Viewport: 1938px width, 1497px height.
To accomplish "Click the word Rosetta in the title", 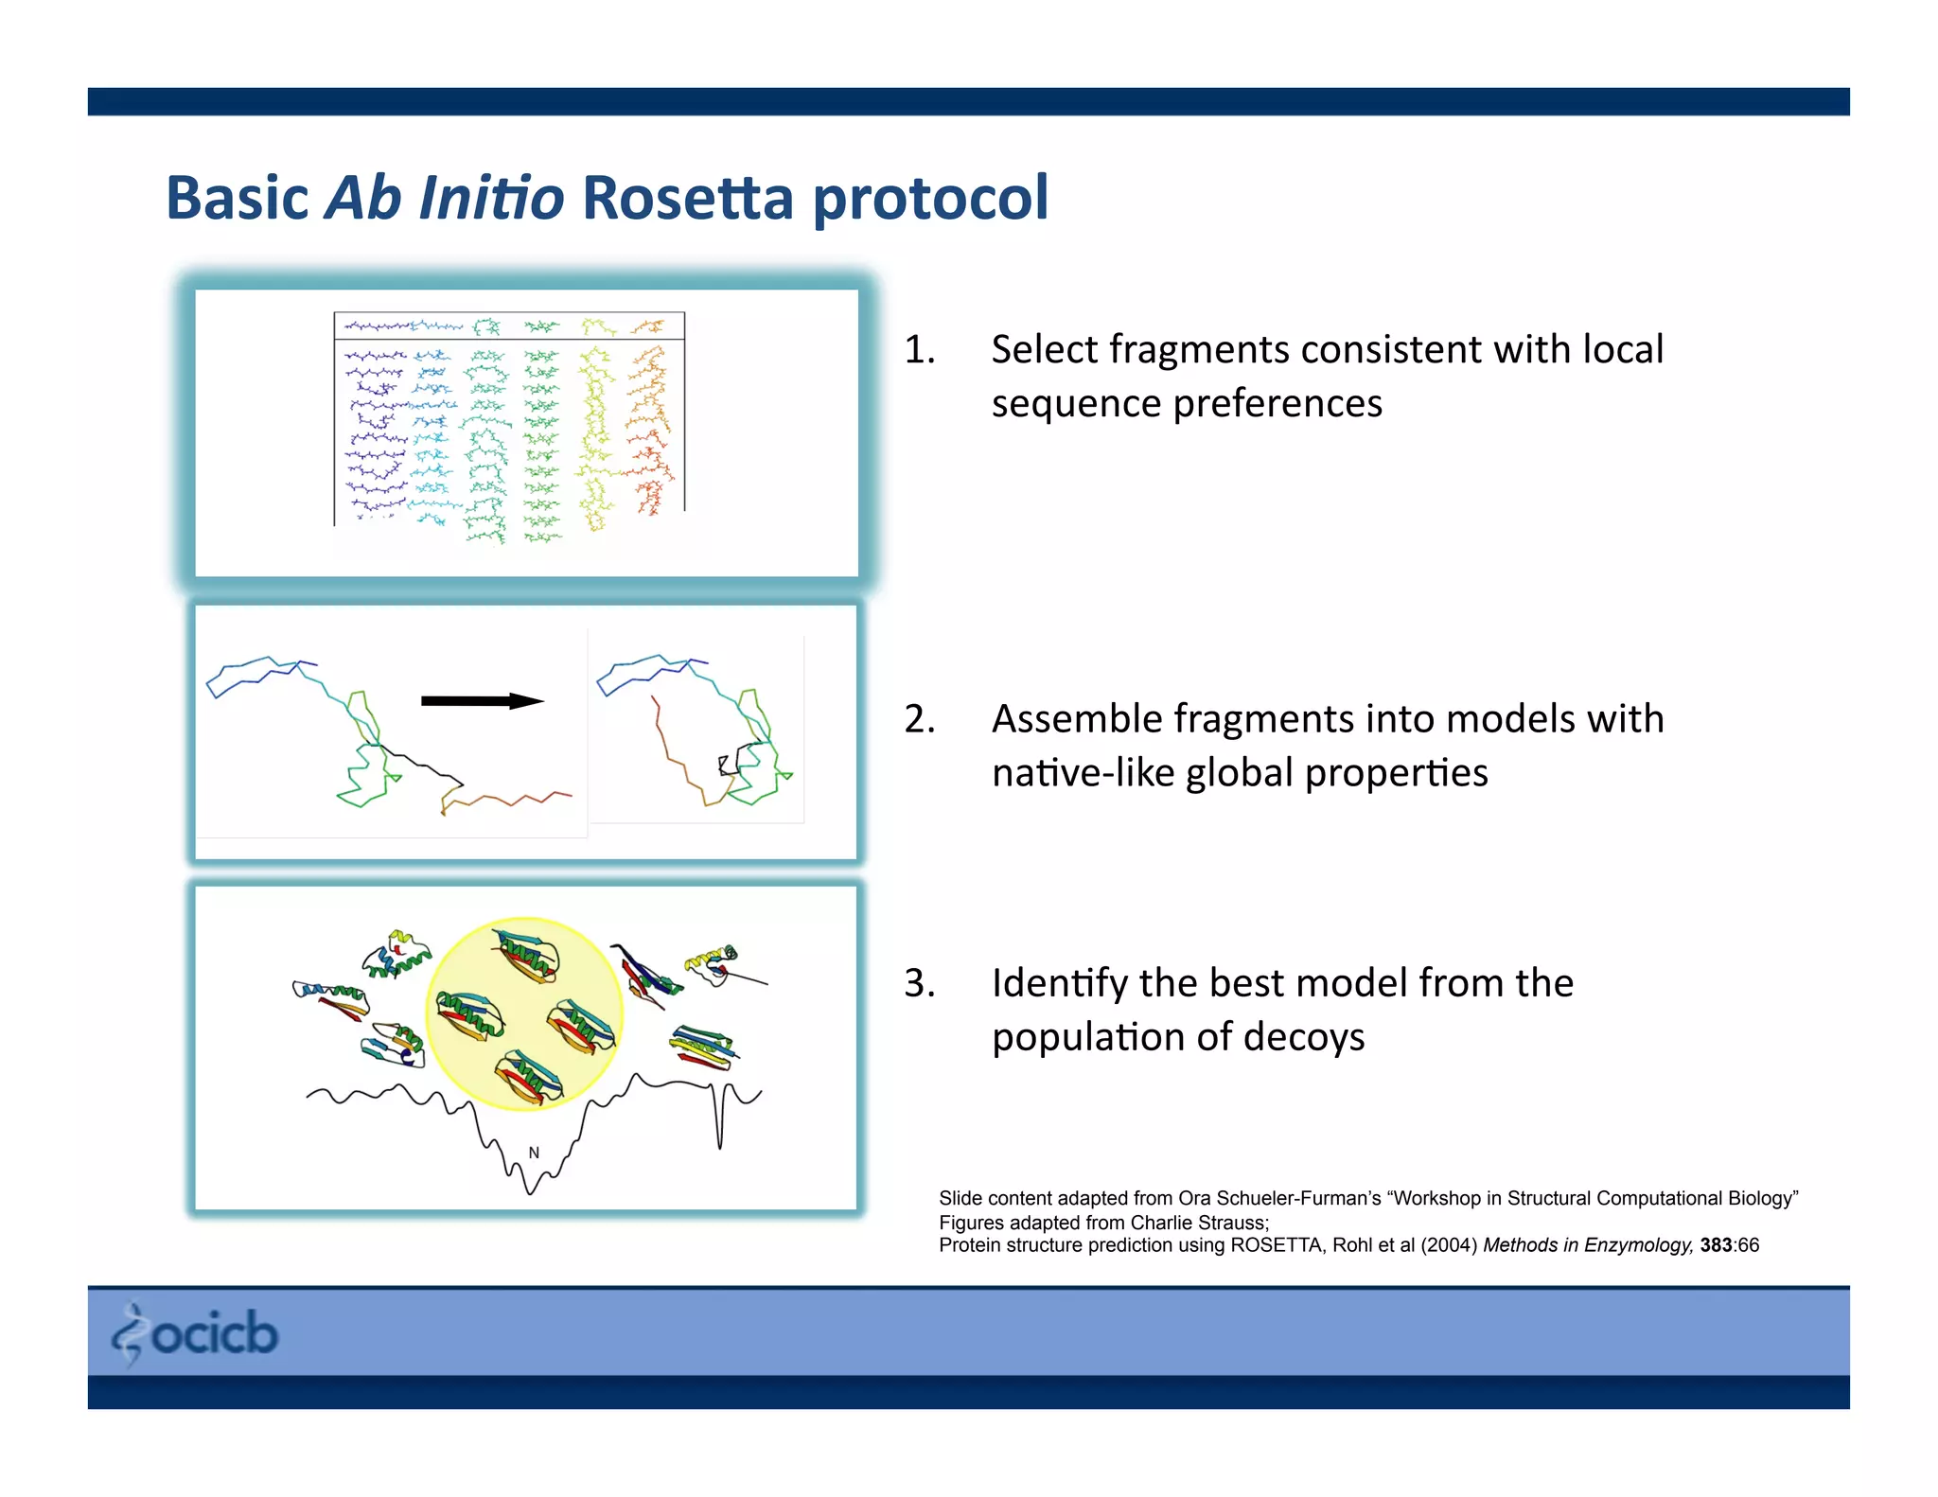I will pos(687,198).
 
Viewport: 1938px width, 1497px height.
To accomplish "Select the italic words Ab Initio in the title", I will pos(444,198).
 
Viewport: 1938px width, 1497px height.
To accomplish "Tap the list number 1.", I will pos(919,350).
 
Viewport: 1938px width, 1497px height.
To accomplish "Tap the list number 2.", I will pos(919,719).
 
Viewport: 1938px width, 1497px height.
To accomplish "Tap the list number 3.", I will pos(919,983).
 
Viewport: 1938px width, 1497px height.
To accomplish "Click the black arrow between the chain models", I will pos(481,701).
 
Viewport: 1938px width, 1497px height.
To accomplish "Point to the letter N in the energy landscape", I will pos(534,1153).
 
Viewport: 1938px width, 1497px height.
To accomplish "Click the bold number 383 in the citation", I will pos(1715,1245).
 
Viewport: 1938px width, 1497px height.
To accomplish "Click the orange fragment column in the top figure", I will pos(648,426).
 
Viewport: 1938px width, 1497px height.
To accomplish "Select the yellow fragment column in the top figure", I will pos(595,435).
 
